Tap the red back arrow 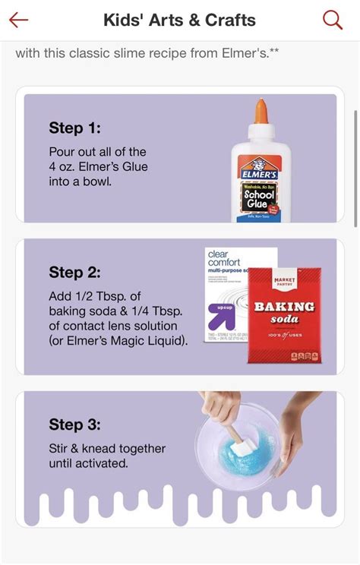[18, 20]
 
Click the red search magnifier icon [333, 20]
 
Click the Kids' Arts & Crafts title [179, 21]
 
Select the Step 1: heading [74, 128]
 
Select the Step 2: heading [74, 272]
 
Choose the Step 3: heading [74, 425]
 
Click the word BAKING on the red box [283, 307]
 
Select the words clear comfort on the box [223, 259]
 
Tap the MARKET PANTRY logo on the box [283, 282]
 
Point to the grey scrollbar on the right [355, 167]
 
